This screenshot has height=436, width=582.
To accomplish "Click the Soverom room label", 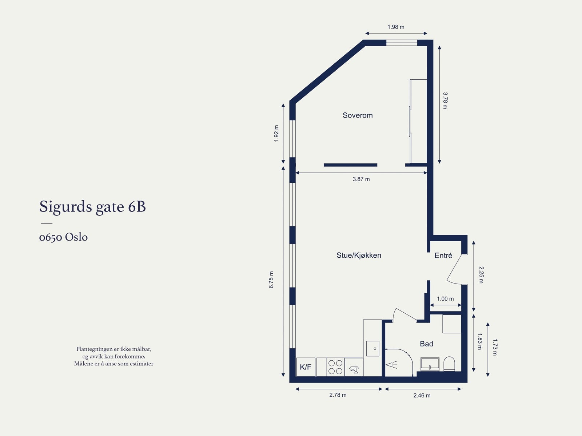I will pyautogui.click(x=358, y=115).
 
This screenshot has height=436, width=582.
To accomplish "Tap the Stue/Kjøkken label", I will pyautogui.click(x=359, y=255).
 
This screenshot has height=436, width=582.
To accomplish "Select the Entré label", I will pyautogui.click(x=443, y=255).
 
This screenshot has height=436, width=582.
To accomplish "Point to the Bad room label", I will pyautogui.click(x=426, y=344).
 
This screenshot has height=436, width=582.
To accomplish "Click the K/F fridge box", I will pyautogui.click(x=306, y=367).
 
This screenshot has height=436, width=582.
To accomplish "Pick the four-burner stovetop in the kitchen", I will pyautogui.click(x=335, y=367).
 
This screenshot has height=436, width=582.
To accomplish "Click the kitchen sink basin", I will pyautogui.click(x=372, y=348).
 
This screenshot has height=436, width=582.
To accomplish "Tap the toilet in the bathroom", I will pyautogui.click(x=449, y=364).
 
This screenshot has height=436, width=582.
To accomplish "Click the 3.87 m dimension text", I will pyautogui.click(x=361, y=179).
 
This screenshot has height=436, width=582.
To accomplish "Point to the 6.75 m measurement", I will pyautogui.click(x=271, y=280).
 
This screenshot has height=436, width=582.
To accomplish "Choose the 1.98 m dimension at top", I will pyautogui.click(x=396, y=27).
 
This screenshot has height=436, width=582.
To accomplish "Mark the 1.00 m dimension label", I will pyautogui.click(x=445, y=299).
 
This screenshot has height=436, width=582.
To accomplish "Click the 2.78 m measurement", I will pyautogui.click(x=338, y=395).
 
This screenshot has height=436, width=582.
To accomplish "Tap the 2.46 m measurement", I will pyautogui.click(x=422, y=395).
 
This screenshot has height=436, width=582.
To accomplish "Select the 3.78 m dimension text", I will pyautogui.click(x=445, y=100).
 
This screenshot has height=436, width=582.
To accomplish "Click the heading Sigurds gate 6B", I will pyautogui.click(x=92, y=207).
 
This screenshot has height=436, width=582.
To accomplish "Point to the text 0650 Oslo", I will pyautogui.click(x=63, y=237).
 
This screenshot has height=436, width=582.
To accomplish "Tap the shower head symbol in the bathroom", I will pyautogui.click(x=391, y=365).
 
